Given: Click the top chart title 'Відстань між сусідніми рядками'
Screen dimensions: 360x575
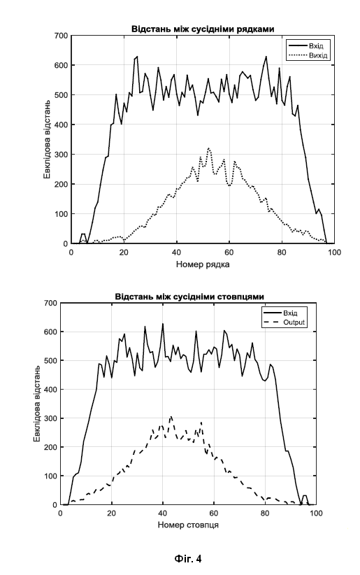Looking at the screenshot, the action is (x=203, y=29).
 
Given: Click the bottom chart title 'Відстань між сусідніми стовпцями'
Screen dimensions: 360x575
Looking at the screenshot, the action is (x=189, y=297).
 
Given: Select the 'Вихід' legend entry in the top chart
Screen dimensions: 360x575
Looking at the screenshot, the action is (x=318, y=56).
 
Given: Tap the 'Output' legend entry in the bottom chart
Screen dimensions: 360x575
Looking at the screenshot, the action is (x=294, y=322).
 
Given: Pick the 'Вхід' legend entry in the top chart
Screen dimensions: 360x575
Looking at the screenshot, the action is (x=316, y=46).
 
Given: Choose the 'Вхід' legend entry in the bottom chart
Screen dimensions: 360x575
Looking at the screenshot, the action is (x=290, y=313).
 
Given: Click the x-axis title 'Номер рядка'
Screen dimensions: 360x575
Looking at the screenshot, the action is (x=203, y=264).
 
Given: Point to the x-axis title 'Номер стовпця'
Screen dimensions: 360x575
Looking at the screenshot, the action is (x=188, y=525).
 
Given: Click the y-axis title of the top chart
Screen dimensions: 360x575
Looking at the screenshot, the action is (x=48, y=139).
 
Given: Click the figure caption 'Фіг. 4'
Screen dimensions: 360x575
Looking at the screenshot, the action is (x=188, y=558).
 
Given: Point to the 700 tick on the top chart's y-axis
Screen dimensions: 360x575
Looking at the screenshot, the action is (x=61, y=36).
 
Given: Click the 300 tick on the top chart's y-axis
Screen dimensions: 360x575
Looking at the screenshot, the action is (x=61, y=155).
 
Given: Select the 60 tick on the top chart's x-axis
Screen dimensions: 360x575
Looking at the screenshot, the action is (x=229, y=253).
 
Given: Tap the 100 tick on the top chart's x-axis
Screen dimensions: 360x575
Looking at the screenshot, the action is (x=334, y=253).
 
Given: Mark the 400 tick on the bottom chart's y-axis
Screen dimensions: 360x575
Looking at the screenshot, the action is (x=50, y=390).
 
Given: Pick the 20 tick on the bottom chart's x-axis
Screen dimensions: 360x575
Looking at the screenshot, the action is (x=111, y=513).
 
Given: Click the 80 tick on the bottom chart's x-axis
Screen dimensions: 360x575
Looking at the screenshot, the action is (x=265, y=513).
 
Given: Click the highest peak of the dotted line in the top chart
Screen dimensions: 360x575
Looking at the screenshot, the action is (x=208, y=148).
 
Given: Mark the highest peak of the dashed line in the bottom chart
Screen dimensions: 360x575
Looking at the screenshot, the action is (x=171, y=417).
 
